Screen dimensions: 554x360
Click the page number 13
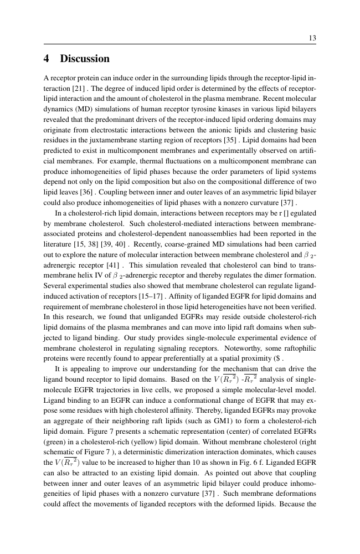(x=312, y=38)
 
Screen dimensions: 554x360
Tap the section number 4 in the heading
(x=48, y=59)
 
